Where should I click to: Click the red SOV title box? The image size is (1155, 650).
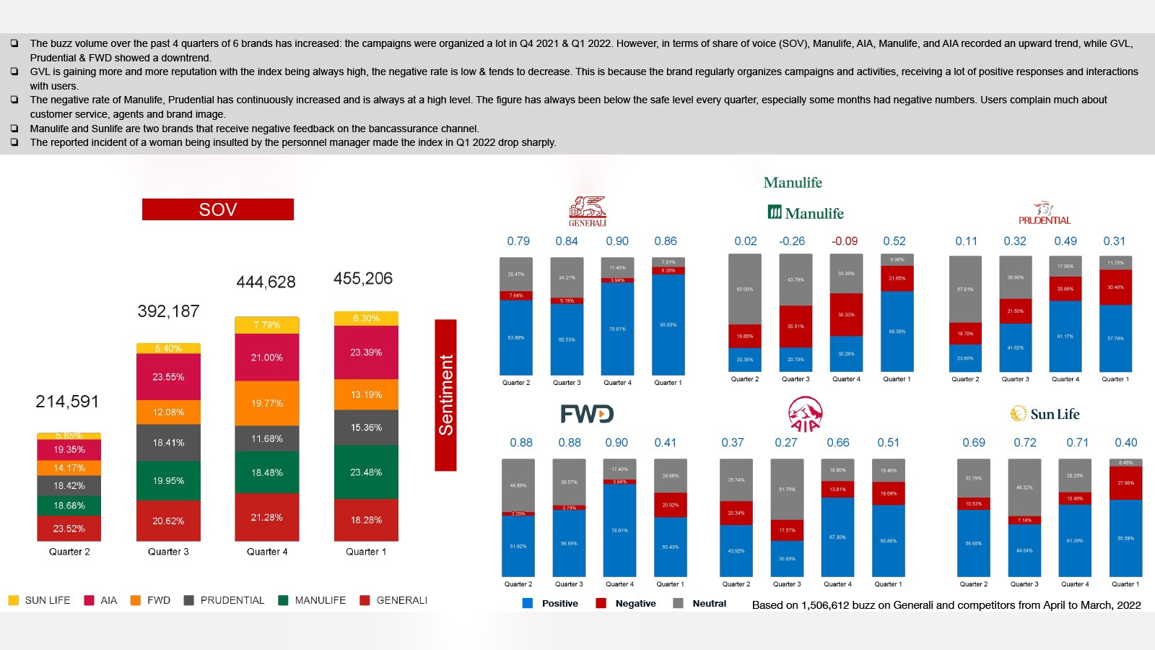tap(217, 209)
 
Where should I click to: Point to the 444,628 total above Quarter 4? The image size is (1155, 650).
tap(266, 282)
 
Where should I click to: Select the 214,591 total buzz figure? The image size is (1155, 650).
tap(67, 402)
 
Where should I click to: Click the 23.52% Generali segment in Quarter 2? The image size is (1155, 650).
tap(69, 529)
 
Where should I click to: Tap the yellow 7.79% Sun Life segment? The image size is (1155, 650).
tap(266, 325)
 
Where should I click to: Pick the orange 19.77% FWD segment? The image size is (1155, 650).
tap(266, 403)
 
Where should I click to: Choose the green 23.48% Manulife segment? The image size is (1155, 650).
tap(366, 472)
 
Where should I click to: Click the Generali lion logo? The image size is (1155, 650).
tap(588, 210)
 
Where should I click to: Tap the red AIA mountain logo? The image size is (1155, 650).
tap(805, 414)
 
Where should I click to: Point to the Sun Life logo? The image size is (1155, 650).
tap(1045, 414)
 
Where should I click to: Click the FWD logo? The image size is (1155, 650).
tap(587, 414)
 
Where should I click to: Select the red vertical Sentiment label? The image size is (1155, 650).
tap(445, 395)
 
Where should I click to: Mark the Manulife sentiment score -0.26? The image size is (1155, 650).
tap(792, 241)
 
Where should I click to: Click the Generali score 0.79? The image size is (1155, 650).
tap(518, 241)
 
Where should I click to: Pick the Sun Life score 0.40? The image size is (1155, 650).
tap(1125, 443)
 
